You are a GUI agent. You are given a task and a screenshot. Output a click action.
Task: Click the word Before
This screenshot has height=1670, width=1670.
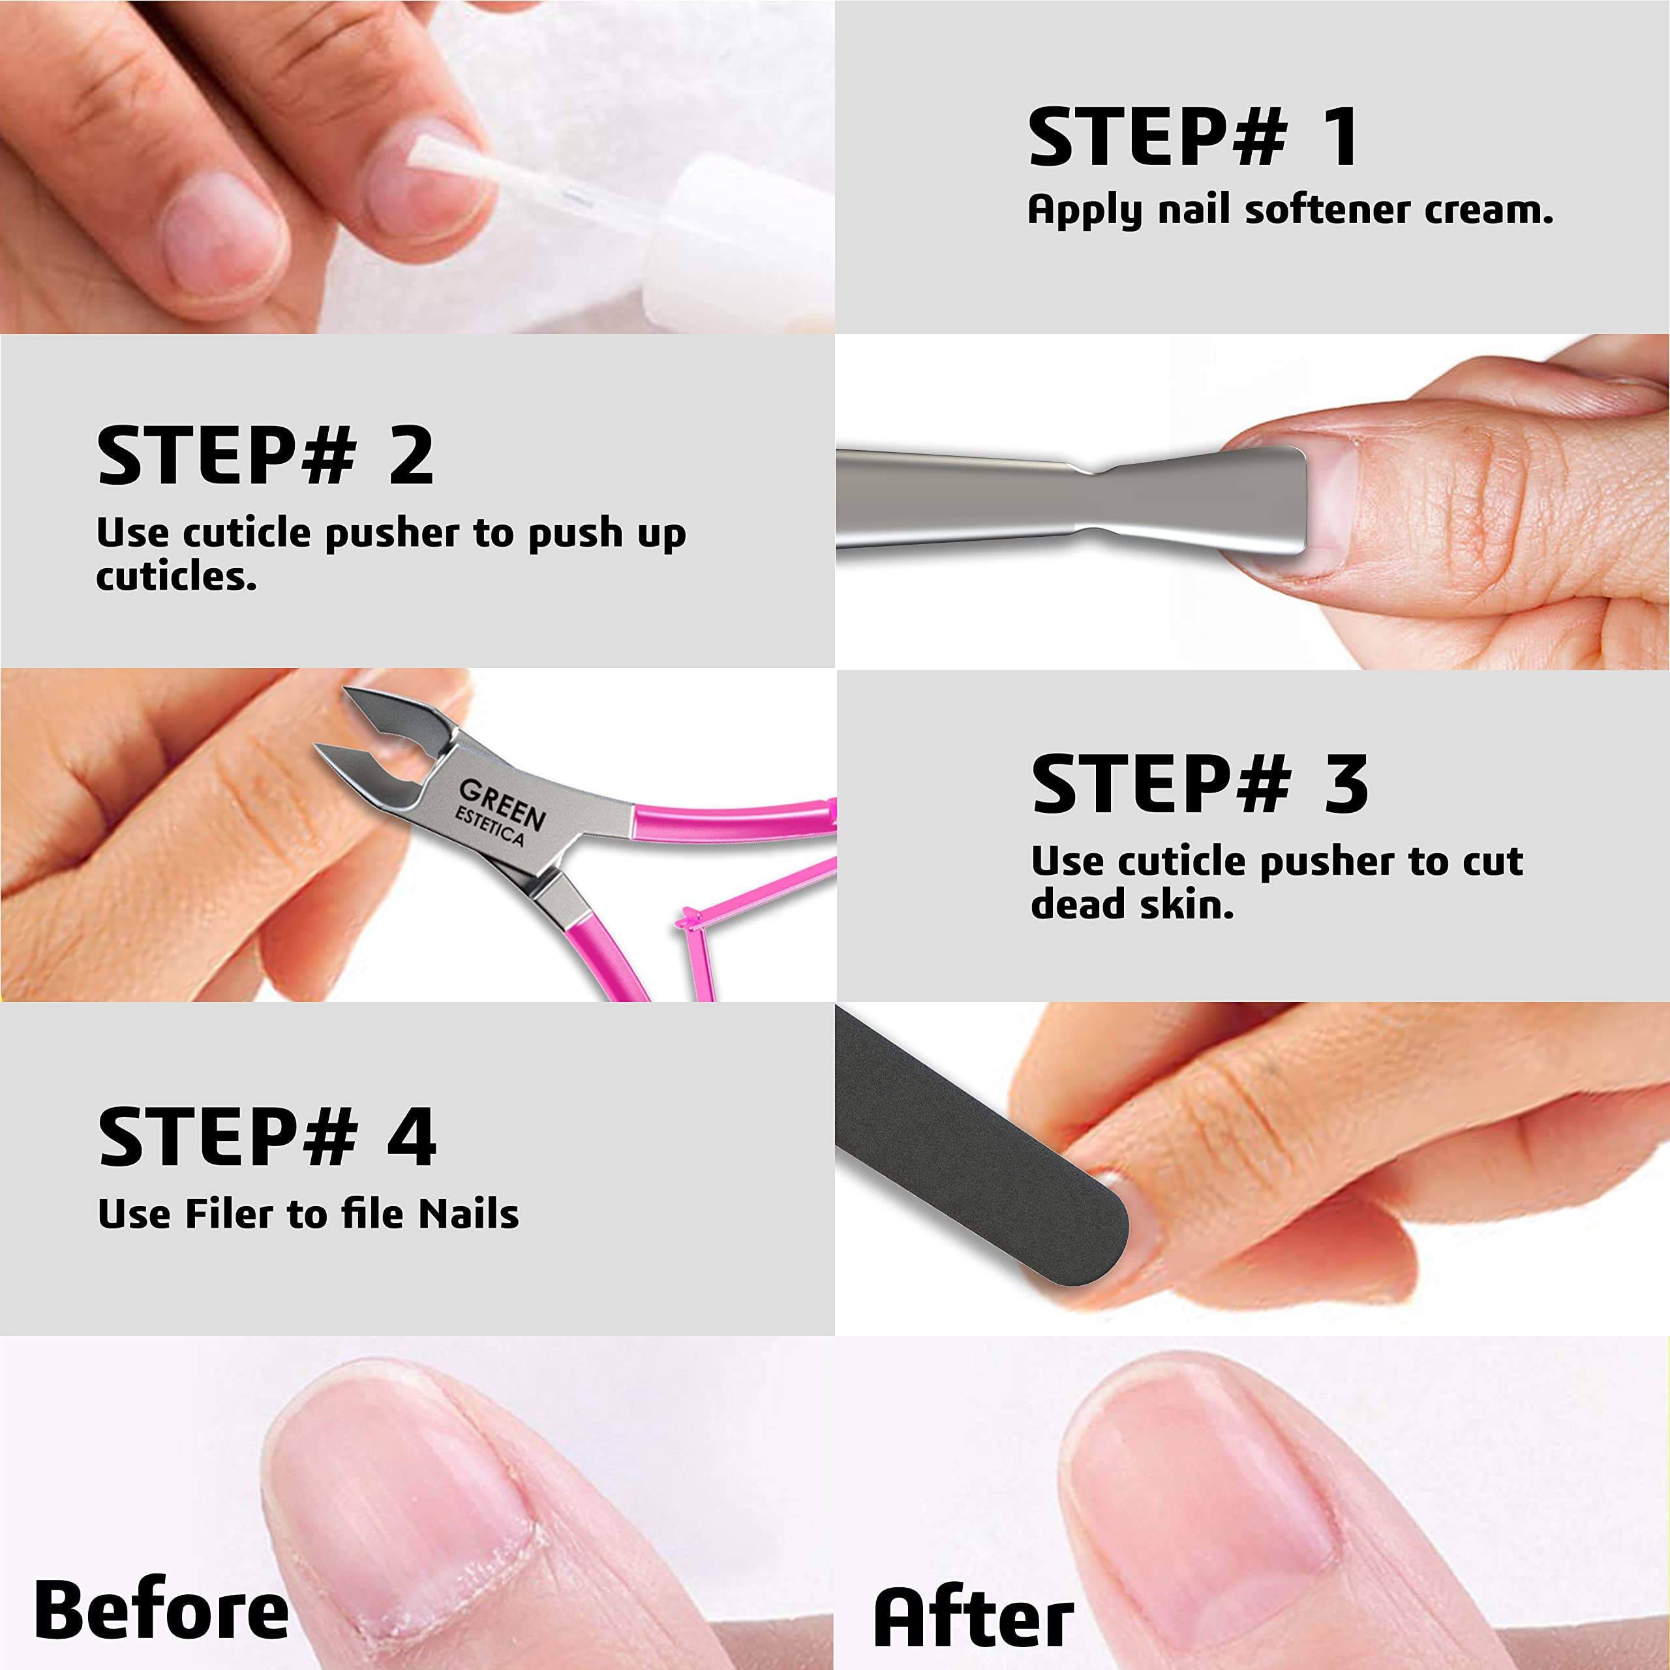(x=162, y=1609)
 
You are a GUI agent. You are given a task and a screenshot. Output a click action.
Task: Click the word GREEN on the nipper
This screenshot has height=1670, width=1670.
(x=502, y=803)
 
